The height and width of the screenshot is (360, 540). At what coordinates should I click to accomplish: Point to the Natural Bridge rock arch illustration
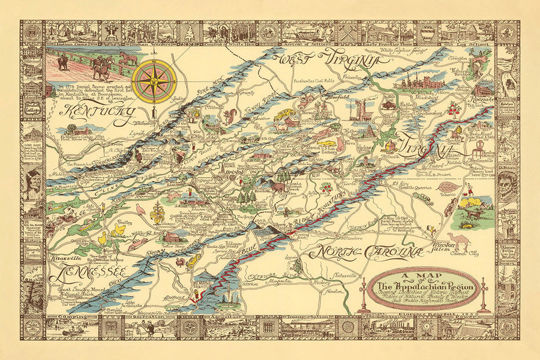tap(482, 62)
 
